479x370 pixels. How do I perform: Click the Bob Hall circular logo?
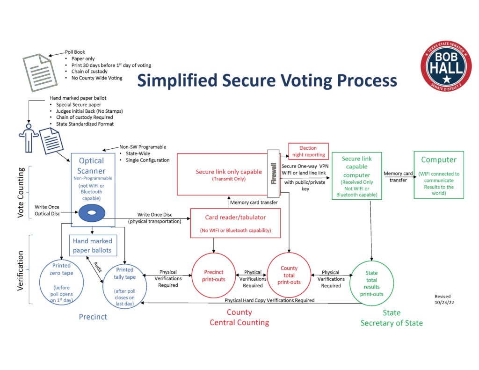[446, 66]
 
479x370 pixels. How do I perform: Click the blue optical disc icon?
[92, 213]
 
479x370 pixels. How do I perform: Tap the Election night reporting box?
[309, 151]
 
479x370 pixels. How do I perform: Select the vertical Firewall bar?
[273, 174]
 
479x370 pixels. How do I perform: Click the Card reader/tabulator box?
[235, 223]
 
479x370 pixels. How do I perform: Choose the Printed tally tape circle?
[124, 286]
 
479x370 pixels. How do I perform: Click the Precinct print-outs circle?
[213, 276]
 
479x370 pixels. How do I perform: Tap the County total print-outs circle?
[289, 275]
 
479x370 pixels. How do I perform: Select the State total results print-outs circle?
[371, 283]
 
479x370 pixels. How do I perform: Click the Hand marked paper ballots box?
[92, 246]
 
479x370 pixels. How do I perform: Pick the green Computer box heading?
[439, 160]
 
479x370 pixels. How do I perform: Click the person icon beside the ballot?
[29, 138]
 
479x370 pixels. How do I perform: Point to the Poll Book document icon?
[40, 73]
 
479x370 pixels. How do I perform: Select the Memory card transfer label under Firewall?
[254, 202]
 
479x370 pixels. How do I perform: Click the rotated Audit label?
[97, 267]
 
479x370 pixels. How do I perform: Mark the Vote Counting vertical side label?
[21, 193]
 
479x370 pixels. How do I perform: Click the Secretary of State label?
[392, 323]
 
